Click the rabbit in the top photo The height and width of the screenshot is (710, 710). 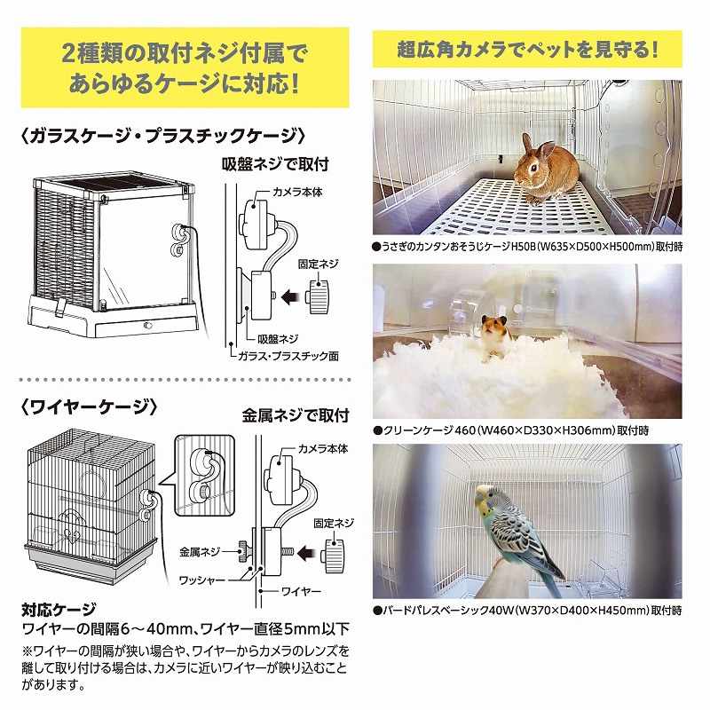click(x=546, y=170)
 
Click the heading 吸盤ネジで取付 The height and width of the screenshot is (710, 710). click(x=275, y=164)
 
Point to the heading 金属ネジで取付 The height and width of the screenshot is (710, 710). click(x=296, y=414)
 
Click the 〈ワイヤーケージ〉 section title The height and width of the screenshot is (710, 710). click(x=90, y=407)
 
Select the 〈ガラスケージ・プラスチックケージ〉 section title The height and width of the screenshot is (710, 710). click(x=163, y=136)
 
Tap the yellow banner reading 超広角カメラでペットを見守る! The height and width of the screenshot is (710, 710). click(x=527, y=49)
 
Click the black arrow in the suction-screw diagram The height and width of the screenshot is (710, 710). click(x=292, y=297)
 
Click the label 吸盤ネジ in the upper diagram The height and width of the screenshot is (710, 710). click(x=278, y=339)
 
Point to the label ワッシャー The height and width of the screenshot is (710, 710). click(x=202, y=580)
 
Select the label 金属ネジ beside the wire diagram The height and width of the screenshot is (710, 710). click(x=200, y=552)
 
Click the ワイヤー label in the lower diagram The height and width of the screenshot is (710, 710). click(x=301, y=591)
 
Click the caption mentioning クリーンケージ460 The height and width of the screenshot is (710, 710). click(x=511, y=430)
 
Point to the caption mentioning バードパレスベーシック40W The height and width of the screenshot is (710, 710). click(x=527, y=611)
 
